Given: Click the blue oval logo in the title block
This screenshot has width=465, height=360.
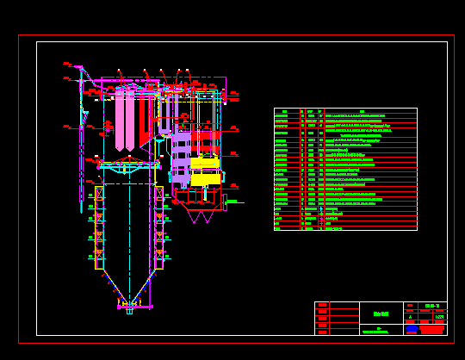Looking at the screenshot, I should [412, 328].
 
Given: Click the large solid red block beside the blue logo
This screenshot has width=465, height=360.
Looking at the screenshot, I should [431, 329].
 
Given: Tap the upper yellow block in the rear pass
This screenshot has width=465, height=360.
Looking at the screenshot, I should [205, 163].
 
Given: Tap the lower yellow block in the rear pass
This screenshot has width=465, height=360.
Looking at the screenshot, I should [205, 179].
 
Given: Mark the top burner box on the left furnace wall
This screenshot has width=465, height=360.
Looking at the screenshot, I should [99, 194].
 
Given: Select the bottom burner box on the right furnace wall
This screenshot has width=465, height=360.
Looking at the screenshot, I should [159, 254].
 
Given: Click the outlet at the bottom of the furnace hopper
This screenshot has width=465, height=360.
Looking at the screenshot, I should [129, 309].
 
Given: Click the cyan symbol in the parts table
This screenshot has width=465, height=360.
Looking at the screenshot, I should [321, 208].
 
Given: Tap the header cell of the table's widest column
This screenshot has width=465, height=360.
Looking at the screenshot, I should [369, 111].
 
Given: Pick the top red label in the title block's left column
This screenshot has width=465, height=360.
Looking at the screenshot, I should [322, 305].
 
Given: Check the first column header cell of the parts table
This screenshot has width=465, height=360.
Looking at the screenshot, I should [286, 111].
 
